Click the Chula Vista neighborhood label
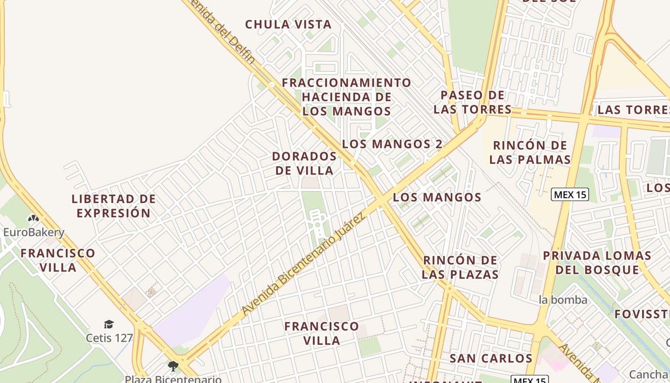pyautogui.click(x=288, y=24)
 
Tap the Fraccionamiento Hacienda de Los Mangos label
pyautogui.click(x=346, y=97)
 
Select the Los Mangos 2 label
pyautogui.click(x=392, y=144)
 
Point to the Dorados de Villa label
pyautogui.click(x=304, y=163)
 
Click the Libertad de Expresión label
pyautogui.click(x=114, y=206)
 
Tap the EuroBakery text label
pyautogui.click(x=33, y=233)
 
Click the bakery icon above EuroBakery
pyautogui.click(x=33, y=219)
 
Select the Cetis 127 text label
pyautogui.click(x=109, y=338)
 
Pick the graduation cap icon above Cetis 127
pyautogui.click(x=109, y=324)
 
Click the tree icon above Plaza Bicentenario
pyautogui.click(x=173, y=366)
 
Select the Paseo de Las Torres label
pyautogui.click(x=472, y=102)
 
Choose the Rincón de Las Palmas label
pyautogui.click(x=530, y=152)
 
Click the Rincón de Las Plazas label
pyautogui.click(x=460, y=267)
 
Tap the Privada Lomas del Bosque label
pyautogui.click(x=597, y=262)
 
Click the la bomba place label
pyautogui.click(x=563, y=300)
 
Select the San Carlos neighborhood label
pyautogui.click(x=491, y=358)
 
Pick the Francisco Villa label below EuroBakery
pyautogui.click(x=58, y=260)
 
